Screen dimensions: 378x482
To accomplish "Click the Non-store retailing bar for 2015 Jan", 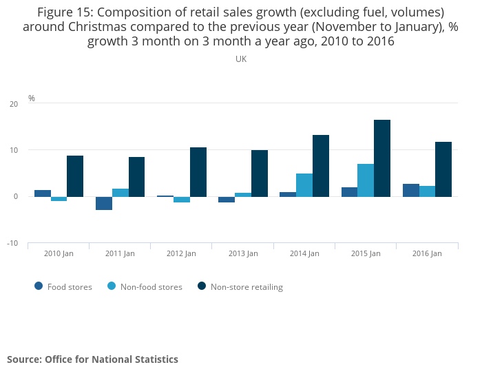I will pyautogui.click(x=382, y=158).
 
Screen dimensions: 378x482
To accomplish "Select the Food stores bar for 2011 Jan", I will pyautogui.click(x=104, y=203).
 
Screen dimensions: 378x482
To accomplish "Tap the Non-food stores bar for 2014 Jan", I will pyautogui.click(x=304, y=185).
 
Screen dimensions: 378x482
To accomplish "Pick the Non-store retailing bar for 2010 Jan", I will pyautogui.click(x=75, y=176).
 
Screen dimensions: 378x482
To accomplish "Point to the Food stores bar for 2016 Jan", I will pyautogui.click(x=411, y=190).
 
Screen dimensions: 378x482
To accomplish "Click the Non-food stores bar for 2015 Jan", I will pyautogui.click(x=366, y=180).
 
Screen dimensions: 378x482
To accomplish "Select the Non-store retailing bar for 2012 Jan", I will pyautogui.click(x=198, y=172).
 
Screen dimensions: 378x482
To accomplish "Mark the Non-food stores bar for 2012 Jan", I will pyautogui.click(x=182, y=200).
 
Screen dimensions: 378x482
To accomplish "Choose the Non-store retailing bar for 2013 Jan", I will pyautogui.click(x=260, y=174).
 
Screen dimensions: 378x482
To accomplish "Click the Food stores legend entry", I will pyautogui.click(x=63, y=287).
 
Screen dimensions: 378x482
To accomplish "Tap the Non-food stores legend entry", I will pyautogui.click(x=144, y=287).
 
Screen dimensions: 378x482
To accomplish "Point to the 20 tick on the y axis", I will pyautogui.click(x=14, y=104).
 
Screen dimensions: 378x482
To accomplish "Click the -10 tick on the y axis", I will pyautogui.click(x=13, y=243).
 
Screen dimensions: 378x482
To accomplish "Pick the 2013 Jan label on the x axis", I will pyautogui.click(x=242, y=253).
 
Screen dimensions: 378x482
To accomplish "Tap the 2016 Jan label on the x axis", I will pyautogui.click(x=427, y=253).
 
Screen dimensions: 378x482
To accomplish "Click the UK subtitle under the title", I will pyautogui.click(x=241, y=59).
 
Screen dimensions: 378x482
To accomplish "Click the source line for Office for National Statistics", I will pyautogui.click(x=92, y=359).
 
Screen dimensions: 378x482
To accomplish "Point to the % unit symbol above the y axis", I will pyautogui.click(x=32, y=98).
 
